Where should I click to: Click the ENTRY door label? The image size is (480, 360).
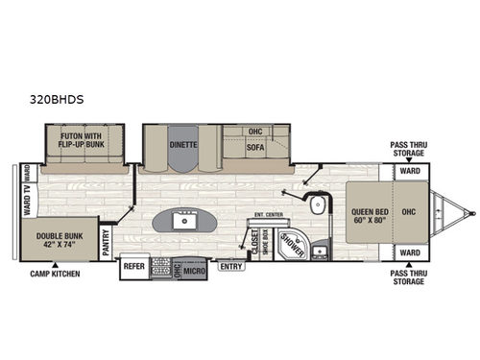tap(230, 266)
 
